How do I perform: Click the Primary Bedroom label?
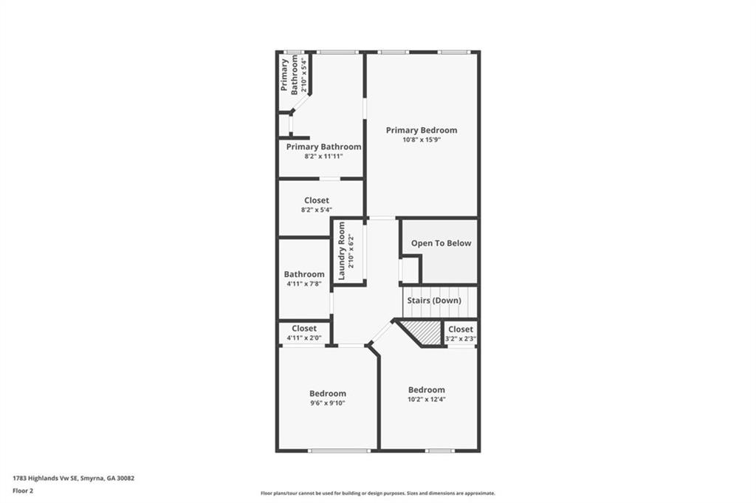[x=422, y=130]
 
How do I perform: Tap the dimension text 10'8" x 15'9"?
[x=422, y=140]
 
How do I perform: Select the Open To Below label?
[x=441, y=243]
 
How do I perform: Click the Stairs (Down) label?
[x=434, y=301]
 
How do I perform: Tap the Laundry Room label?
[x=342, y=251]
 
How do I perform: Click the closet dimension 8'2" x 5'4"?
[x=317, y=210]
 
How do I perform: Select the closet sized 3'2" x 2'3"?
[x=461, y=334]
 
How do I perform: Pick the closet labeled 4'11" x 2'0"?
[x=304, y=333]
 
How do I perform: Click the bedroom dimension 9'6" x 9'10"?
[x=328, y=403]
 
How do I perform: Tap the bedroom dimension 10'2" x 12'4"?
[x=427, y=400]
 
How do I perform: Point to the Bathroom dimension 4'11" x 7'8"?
[x=304, y=284]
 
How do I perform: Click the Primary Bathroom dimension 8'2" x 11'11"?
[x=323, y=157]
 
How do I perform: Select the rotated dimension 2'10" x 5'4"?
[x=303, y=75]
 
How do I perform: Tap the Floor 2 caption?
[x=23, y=491]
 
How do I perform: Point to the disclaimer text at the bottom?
[x=378, y=493]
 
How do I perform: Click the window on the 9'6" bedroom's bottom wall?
[x=340, y=451]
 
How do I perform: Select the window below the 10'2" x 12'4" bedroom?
[x=440, y=451]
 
